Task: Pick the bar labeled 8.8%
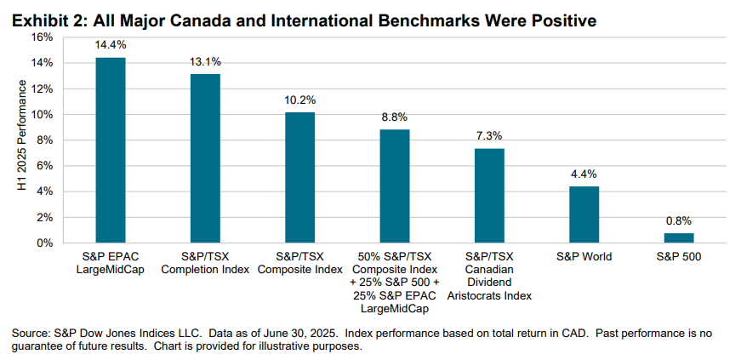395,186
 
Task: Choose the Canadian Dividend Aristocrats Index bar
489,196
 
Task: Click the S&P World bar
584,214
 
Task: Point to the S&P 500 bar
679,238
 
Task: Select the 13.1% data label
205,62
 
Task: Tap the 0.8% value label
679,221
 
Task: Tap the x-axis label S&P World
584,256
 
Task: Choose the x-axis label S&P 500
679,256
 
